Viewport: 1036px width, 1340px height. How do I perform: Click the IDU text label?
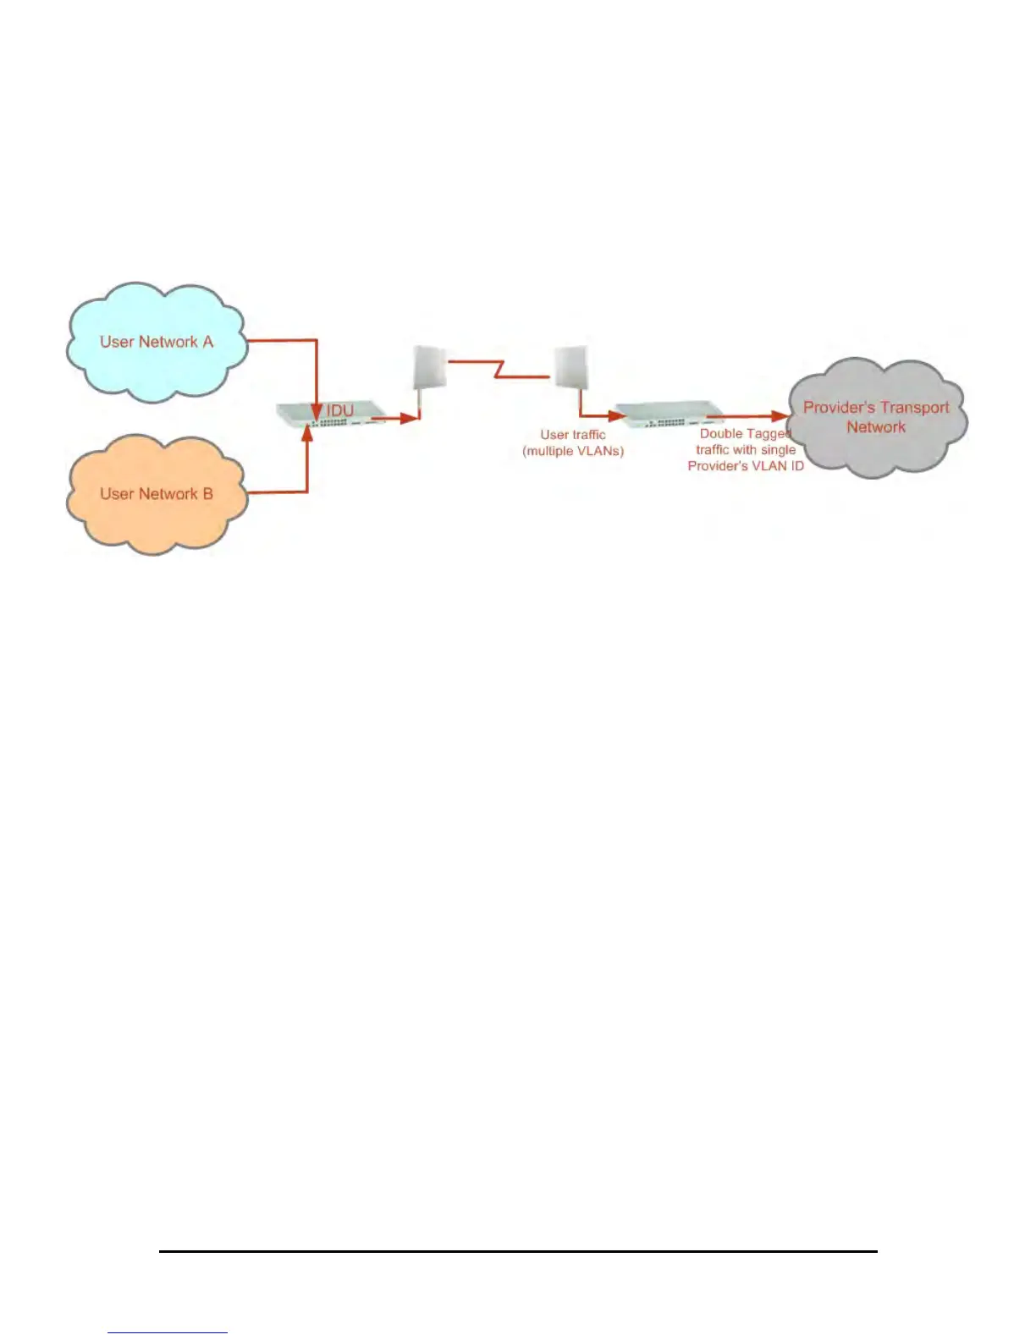tap(339, 410)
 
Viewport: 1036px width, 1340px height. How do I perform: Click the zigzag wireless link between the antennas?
tap(499, 368)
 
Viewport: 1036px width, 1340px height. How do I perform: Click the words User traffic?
tap(573, 435)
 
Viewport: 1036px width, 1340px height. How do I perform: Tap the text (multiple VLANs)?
tap(573, 451)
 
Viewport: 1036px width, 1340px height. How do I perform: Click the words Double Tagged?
tap(745, 434)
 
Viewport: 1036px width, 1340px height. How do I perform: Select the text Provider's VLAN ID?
tap(746, 466)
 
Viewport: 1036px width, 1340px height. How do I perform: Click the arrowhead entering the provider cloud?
tap(780, 415)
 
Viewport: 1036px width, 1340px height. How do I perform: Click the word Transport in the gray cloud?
tap(913, 408)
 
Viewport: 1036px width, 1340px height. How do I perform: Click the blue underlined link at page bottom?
tap(168, 1332)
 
